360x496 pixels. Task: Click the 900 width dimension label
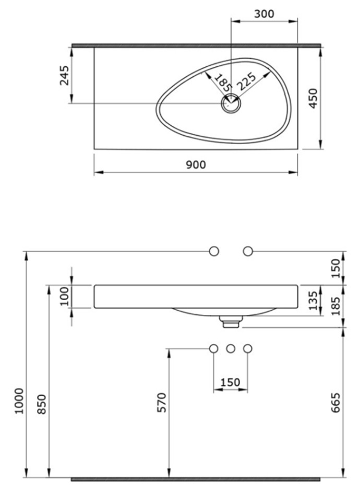pyautogui.click(x=196, y=165)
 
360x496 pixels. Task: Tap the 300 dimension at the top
pyautogui.click(x=264, y=14)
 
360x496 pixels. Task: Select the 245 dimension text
pyautogui.click(x=65, y=75)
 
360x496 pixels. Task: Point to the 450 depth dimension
pyautogui.click(x=313, y=98)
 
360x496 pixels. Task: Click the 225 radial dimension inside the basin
pyautogui.click(x=246, y=82)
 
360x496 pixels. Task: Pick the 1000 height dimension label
pyautogui.click(x=19, y=401)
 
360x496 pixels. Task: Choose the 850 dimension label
pyautogui.click(x=42, y=404)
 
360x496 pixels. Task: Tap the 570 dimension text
pyautogui.click(x=162, y=403)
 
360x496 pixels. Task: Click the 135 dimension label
pyautogui.click(x=313, y=301)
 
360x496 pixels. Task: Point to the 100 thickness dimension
pyautogui.click(x=65, y=296)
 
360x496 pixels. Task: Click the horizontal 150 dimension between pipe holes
pyautogui.click(x=230, y=382)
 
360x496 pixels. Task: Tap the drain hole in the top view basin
pyautogui.click(x=231, y=103)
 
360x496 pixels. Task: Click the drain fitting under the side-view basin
pyautogui.click(x=231, y=322)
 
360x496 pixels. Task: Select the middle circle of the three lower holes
pyautogui.click(x=231, y=349)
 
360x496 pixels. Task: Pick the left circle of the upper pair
pyautogui.click(x=214, y=251)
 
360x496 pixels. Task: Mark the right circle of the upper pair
pyautogui.click(x=248, y=251)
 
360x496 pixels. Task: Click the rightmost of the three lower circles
pyautogui.click(x=248, y=349)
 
